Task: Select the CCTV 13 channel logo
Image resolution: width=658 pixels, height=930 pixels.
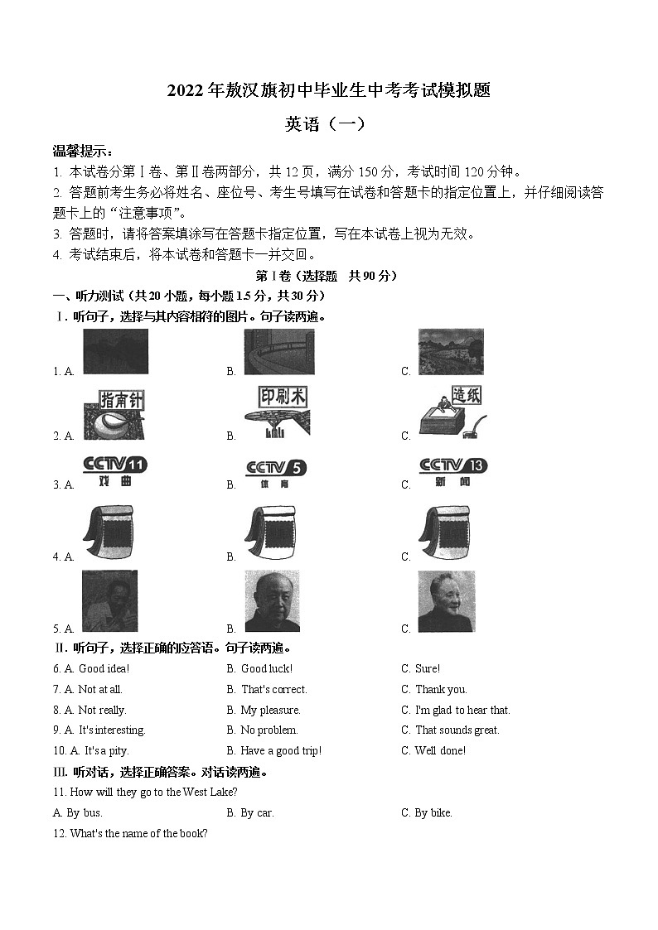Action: pyautogui.click(x=452, y=470)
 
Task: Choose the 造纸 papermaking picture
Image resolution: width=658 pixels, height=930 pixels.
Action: pyautogui.click(x=452, y=412)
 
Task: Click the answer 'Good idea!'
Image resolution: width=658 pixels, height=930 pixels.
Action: pyautogui.click(x=104, y=668)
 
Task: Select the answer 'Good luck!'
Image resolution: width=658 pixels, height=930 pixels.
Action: pyautogui.click(x=266, y=668)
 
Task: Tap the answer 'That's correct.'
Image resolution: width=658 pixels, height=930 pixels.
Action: pyautogui.click(x=273, y=689)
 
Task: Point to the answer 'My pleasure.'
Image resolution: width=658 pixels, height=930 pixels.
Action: pyautogui.click(x=270, y=710)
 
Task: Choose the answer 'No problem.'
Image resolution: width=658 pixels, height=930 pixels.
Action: pyautogui.click(x=269, y=730)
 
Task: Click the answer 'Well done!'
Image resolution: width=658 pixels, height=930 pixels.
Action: pyautogui.click(x=440, y=750)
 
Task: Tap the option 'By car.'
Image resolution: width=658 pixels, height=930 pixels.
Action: pyautogui.click(x=257, y=812)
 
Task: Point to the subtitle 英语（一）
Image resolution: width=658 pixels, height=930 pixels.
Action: pyautogui.click(x=324, y=124)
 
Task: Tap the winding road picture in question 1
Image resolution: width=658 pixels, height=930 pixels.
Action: pyautogui.click(x=278, y=352)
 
